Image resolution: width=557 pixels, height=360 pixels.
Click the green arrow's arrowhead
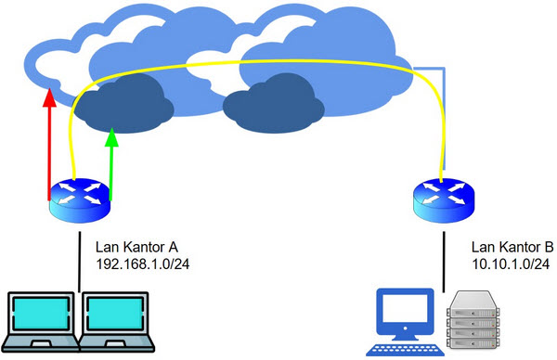pos(111,138)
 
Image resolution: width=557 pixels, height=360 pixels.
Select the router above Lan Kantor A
pos(80,199)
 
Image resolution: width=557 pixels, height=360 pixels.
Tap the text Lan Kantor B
pos(512,248)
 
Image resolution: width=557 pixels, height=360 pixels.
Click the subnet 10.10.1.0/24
pos(506,264)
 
